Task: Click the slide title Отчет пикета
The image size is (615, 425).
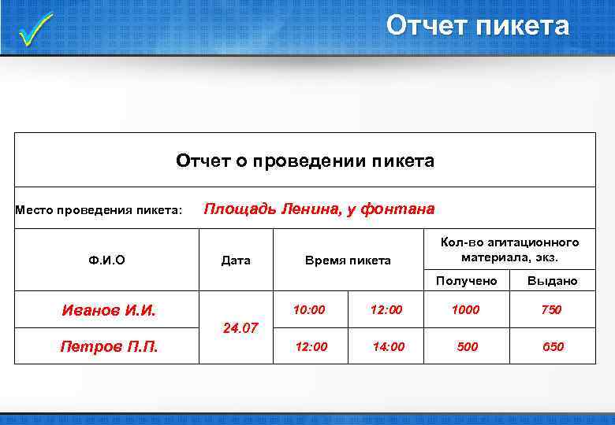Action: pos(477,26)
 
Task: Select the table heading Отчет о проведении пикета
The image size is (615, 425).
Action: pos(305,161)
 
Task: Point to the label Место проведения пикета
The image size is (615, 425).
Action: pos(99,210)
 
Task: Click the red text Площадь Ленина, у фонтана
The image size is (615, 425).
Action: pos(319,209)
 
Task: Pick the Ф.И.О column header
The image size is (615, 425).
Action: pos(107,260)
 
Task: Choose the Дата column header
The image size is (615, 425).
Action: pos(236,260)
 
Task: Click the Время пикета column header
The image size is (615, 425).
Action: pos(348,260)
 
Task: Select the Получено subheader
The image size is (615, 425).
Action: pos(468,280)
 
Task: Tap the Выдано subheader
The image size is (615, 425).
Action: pos(552,280)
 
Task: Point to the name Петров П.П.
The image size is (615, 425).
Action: pos(109,346)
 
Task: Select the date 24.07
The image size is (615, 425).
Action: pos(240,327)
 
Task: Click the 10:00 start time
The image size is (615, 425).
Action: pos(308,309)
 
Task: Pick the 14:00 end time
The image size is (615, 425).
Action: pos(388,346)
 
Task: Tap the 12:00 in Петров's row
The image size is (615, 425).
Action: pos(311,346)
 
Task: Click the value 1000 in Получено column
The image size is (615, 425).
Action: pos(465,309)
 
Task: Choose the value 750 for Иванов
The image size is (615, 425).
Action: pos(551,309)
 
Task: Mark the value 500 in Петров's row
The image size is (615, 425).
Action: pos(468,346)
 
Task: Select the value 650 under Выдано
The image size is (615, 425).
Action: pos(552,346)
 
